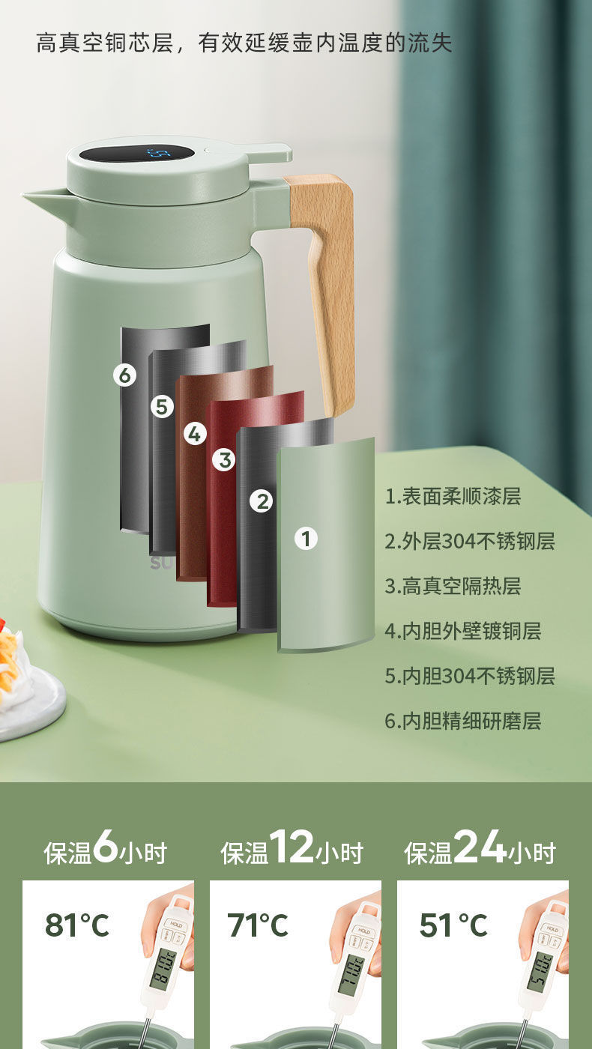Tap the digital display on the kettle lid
(137, 153)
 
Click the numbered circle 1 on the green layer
(305, 538)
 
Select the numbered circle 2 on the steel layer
(262, 501)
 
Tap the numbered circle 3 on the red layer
(223, 459)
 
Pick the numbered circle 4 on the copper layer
(195, 433)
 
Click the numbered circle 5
(162, 407)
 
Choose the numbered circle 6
(125, 375)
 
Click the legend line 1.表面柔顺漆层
(453, 496)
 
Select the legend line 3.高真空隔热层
(453, 586)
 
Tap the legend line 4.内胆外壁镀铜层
(462, 631)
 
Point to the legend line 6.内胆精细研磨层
(462, 721)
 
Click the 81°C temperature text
(77, 925)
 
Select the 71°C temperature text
(257, 925)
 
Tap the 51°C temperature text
(453, 925)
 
